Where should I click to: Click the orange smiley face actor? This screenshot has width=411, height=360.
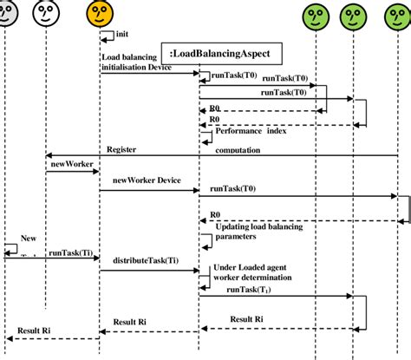coord(100,13)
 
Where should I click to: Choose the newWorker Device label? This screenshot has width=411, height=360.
coord(146,180)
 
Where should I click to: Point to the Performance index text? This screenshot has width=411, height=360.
coord(251,131)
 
